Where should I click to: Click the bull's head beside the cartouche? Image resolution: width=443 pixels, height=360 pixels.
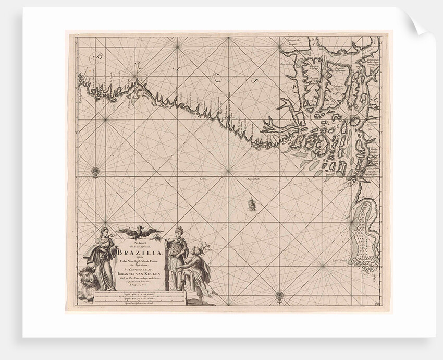[x=87, y=276]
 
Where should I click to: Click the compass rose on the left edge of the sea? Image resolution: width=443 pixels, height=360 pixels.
[x=95, y=170]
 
